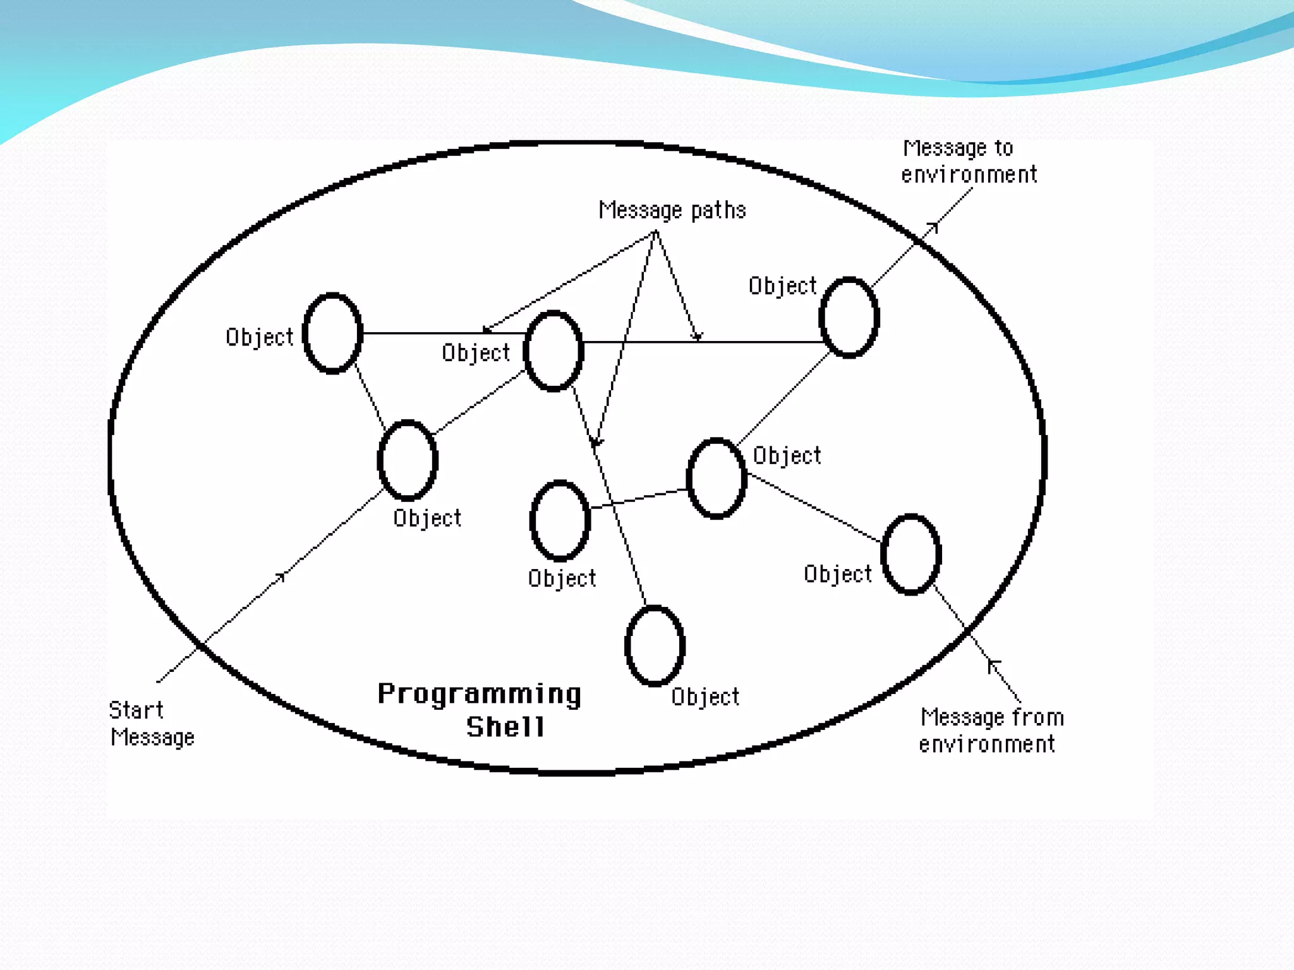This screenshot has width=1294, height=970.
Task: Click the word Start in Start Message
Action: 136,710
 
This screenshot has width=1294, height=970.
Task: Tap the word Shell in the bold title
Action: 505,727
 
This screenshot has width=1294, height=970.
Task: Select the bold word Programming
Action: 480,695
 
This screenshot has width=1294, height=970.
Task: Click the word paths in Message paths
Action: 718,210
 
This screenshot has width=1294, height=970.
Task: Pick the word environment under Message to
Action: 969,174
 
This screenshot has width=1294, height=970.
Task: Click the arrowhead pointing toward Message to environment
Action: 933,227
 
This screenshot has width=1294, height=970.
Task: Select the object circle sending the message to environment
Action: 849,317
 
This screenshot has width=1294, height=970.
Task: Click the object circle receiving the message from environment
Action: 911,554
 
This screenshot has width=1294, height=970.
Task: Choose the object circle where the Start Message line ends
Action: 408,460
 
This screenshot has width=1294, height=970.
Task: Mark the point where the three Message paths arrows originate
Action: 656,232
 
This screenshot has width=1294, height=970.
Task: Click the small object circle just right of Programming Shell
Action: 655,645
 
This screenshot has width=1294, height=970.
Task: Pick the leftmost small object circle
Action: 332,333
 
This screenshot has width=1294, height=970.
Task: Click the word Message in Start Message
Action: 152,737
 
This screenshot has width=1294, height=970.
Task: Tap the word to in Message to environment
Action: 1004,148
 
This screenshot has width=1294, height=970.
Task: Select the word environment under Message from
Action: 987,744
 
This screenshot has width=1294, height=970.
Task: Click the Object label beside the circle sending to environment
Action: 783,286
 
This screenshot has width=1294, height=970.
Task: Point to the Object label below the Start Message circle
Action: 427,518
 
